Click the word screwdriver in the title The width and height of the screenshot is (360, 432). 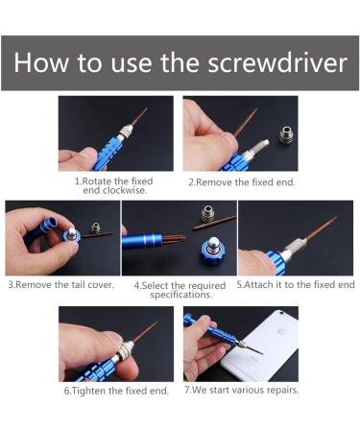coord(277,62)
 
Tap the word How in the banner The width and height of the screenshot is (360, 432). coord(41,61)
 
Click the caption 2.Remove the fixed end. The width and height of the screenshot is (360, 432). coord(242,182)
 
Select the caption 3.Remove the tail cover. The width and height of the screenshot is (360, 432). coord(60,284)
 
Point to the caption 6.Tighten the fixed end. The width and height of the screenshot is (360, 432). coord(116,391)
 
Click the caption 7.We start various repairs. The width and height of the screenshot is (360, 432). coord(242,390)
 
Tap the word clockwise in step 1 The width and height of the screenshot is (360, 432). coord(114,190)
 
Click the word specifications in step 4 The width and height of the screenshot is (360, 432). coord(181,295)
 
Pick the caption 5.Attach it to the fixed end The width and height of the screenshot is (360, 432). coord(296,284)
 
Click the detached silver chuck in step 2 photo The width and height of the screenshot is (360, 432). coord(286,134)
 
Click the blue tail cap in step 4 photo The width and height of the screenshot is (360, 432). coord(214,251)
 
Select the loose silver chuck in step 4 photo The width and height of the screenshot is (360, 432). coord(208,213)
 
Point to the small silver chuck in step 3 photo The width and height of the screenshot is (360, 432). coord(95,228)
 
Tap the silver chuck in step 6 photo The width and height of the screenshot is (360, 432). coord(124,351)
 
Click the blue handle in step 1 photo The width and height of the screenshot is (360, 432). coord(108,153)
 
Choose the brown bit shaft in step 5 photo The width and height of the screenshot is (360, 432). coord(320,228)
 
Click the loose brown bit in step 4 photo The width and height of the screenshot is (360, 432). coord(215,223)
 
